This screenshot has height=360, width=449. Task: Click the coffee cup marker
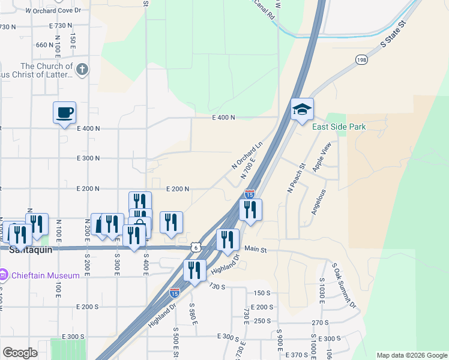64,112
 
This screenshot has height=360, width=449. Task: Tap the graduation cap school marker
303,109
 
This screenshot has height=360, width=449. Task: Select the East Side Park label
339,127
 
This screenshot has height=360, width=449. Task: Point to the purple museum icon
4,275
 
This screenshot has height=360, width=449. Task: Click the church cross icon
82,70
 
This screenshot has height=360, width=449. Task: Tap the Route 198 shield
361,60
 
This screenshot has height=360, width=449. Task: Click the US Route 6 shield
196,247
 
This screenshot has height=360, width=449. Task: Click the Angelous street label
318,203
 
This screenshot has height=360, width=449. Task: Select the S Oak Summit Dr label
344,286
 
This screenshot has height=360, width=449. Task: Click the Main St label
255,248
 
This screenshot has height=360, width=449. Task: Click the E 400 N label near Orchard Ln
223,118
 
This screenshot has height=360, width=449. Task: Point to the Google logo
20,353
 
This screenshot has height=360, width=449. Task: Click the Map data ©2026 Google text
411,355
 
